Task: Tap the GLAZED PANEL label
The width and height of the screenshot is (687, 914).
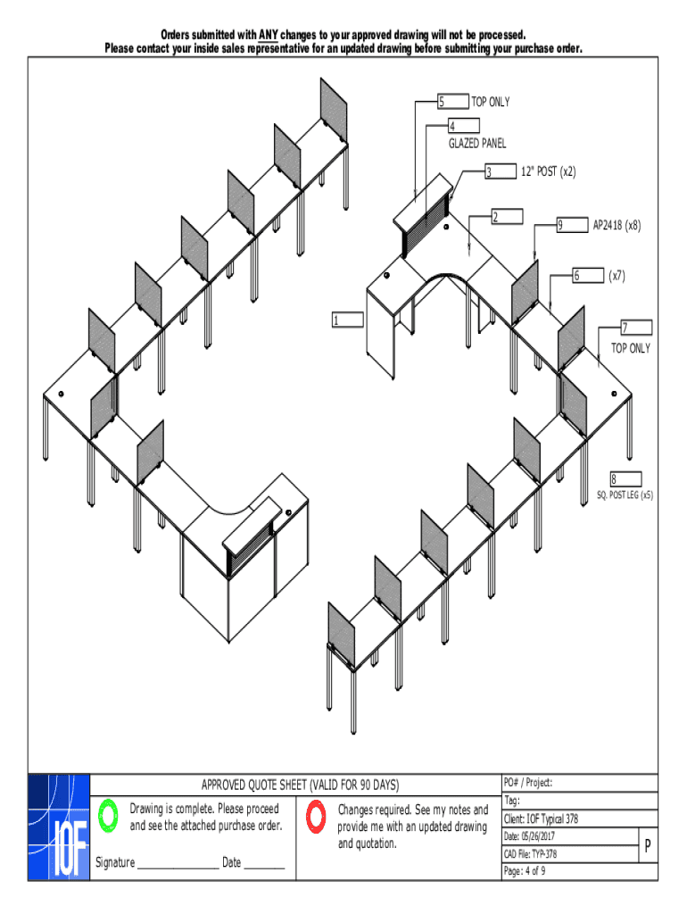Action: coord(477,143)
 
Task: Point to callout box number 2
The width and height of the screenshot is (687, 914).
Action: coord(506,217)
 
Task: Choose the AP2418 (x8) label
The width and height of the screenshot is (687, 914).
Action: coord(617,226)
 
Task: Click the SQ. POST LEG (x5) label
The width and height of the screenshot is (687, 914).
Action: coord(625,494)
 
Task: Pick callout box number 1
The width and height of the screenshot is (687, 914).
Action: coord(347,320)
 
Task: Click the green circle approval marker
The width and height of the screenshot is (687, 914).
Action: coord(108,815)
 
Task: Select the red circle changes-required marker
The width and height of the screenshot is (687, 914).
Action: coord(316,816)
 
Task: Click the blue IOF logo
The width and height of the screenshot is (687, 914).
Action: coord(59,825)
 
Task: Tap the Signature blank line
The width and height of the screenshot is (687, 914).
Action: coord(178,863)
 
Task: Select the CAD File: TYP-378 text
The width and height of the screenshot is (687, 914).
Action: coord(530,853)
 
